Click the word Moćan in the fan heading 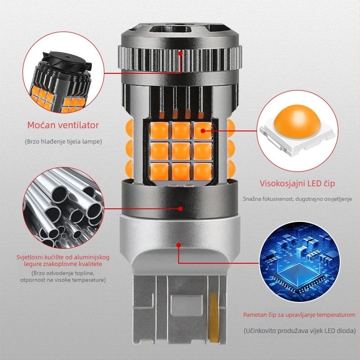[x=40, y=125]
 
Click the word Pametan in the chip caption [x=255, y=315]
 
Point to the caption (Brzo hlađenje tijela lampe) [x=63, y=141]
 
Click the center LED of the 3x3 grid [x=181, y=150]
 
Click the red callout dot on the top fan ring [x=180, y=53]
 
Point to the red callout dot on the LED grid [x=202, y=131]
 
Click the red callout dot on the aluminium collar [x=180, y=208]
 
